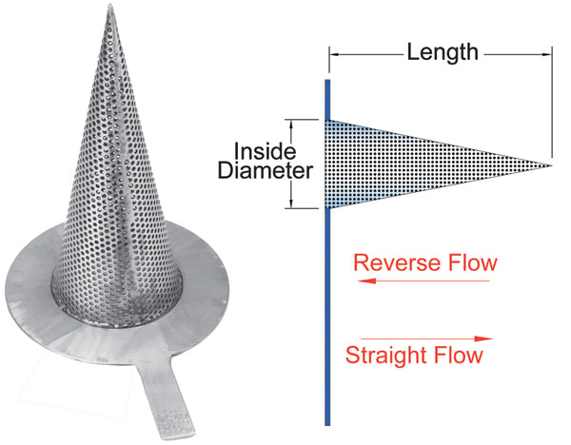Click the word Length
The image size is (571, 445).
pos(443,52)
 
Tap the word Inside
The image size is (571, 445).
pos(265,151)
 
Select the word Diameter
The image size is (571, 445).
pos(266,170)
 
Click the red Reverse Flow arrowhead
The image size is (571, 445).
pos(366,281)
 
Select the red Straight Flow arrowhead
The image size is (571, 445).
pos(483,339)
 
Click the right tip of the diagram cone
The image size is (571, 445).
pos(551,165)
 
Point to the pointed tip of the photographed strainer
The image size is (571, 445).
pos(110,6)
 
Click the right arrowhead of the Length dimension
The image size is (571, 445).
pos(547,54)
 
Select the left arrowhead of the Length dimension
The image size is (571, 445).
pos(334,54)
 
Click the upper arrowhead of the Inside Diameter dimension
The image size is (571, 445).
pos(291,125)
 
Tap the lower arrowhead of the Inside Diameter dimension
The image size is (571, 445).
pos(291,203)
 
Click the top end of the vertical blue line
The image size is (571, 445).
pos(327,81)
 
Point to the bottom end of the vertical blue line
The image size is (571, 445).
pos(327,424)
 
